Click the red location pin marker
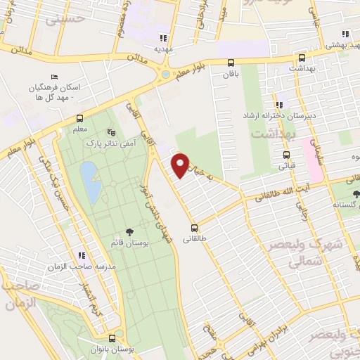pyautogui.click(x=181, y=165)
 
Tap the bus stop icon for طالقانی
pyautogui.click(x=195, y=228)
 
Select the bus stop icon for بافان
pyautogui.click(x=231, y=63)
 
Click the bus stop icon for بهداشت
pyautogui.click(x=302, y=58)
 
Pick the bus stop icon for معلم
pyautogui.click(x=79, y=118)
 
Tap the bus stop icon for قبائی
pyautogui.click(x=285, y=155)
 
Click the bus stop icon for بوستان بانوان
pyautogui.click(x=112, y=338)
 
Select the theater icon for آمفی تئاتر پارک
pyautogui.click(x=110, y=131)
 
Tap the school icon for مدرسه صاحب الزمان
pyautogui.click(x=82, y=255)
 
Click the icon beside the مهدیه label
pyautogui.click(x=164, y=39)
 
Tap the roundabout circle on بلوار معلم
pyautogui.click(x=165, y=73)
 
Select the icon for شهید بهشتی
pyautogui.click(x=345, y=33)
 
